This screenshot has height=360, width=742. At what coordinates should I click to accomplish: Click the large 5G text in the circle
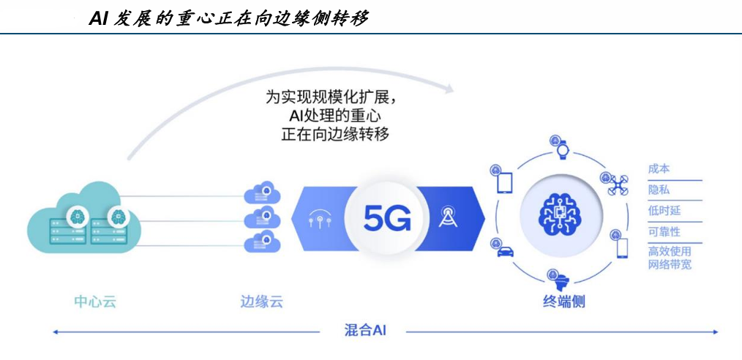[x=387, y=217]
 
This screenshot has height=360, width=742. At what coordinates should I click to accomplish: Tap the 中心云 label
[x=95, y=301]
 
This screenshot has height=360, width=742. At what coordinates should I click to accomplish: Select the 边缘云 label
[x=262, y=301]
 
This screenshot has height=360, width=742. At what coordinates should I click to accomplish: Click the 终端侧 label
[x=563, y=301]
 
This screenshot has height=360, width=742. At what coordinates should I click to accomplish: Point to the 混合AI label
[x=364, y=330]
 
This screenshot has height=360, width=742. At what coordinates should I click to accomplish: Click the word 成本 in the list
[x=659, y=169]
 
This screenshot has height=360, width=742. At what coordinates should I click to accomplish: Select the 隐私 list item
[x=659, y=190]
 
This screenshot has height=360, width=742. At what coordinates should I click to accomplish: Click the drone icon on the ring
[x=618, y=185]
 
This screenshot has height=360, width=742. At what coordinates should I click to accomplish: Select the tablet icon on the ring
[x=505, y=183]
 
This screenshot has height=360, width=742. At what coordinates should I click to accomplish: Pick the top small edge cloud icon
[x=262, y=193]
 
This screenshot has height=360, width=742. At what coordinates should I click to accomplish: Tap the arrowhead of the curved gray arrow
[x=449, y=88]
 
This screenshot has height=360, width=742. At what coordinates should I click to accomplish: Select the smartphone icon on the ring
[x=622, y=248]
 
